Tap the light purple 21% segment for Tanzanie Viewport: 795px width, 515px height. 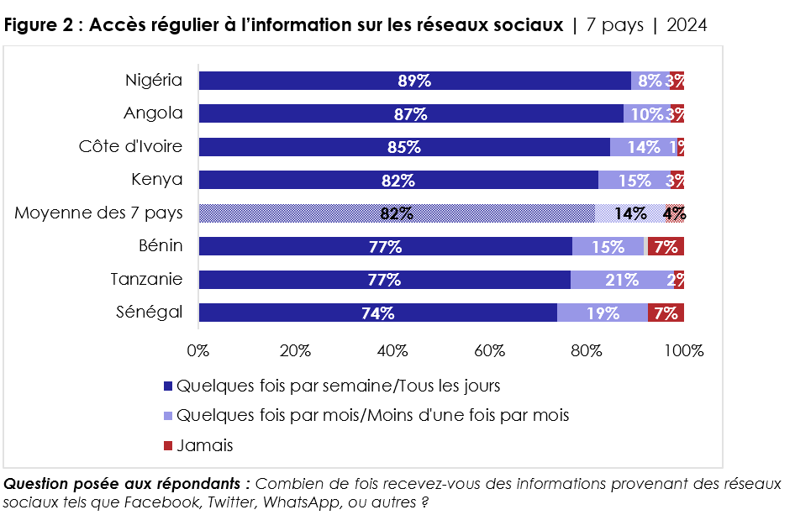[x=622, y=280]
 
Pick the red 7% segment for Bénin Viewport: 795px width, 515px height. [x=665, y=247]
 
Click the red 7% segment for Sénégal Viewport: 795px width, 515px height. [x=666, y=313]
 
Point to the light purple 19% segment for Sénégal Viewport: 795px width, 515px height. [x=603, y=313]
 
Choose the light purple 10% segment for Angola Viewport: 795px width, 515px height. [x=647, y=114]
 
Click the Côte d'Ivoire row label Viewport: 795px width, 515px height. [x=130, y=146]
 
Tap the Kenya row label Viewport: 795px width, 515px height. [x=156, y=179]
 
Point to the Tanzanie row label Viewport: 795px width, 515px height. [x=146, y=279]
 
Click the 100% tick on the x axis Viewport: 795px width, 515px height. [x=684, y=350]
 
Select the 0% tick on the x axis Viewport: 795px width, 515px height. [x=198, y=350]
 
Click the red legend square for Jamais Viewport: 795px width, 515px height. [x=167, y=445]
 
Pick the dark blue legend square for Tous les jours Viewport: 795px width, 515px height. [x=167, y=386]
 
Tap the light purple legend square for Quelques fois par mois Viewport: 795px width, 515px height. [x=167, y=416]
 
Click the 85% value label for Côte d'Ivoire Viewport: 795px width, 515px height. [x=404, y=147]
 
